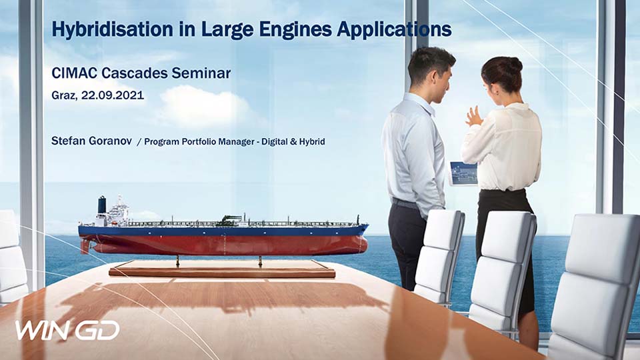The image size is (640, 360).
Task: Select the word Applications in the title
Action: (395, 30)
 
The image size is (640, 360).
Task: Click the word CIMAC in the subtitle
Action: (74, 73)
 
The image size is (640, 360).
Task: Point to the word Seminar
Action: (201, 73)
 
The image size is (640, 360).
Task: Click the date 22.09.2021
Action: (112, 95)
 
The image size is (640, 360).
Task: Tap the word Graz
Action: (64, 96)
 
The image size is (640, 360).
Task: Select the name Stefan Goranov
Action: (91, 141)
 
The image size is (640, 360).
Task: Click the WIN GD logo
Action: (67, 330)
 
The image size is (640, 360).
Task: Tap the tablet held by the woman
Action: (464, 173)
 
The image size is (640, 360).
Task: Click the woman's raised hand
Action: (474, 117)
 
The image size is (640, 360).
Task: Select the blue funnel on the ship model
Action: (101, 205)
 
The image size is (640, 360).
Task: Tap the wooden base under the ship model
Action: (221, 270)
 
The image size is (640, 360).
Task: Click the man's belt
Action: (405, 203)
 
